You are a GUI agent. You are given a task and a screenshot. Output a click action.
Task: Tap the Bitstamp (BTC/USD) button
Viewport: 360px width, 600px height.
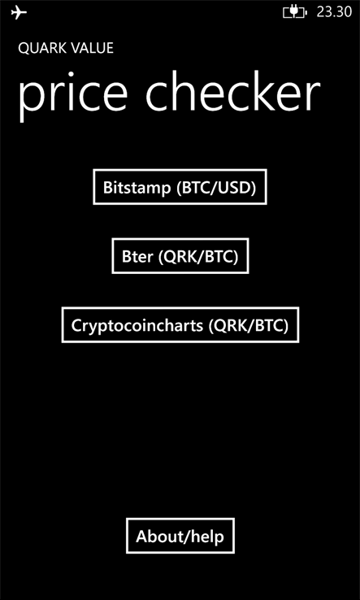click(180, 187)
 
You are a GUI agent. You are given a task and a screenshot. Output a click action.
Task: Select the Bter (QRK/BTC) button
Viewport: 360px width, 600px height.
click(180, 256)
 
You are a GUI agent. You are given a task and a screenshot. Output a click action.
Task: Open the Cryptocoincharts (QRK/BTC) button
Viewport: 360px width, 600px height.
click(180, 325)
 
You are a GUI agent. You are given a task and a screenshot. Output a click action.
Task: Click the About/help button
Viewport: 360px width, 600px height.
click(180, 536)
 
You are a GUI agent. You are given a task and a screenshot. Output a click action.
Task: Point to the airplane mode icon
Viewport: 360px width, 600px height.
click(19, 13)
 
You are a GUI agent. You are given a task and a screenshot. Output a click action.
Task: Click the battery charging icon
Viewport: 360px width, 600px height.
click(295, 13)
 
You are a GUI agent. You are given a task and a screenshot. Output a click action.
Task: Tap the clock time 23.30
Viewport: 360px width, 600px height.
click(334, 12)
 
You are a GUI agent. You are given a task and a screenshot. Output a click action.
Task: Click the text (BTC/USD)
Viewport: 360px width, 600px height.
click(216, 188)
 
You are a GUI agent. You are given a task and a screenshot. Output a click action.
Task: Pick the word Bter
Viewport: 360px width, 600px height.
click(137, 257)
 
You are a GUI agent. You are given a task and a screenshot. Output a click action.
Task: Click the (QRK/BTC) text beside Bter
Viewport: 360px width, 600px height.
click(197, 257)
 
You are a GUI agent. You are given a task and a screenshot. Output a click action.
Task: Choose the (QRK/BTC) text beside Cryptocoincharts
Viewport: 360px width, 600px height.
click(249, 326)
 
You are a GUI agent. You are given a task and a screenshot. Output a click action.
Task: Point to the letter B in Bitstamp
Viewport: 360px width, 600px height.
click(108, 188)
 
